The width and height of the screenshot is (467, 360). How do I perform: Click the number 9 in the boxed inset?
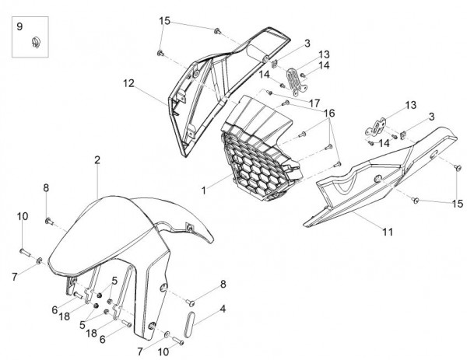tap(21, 28)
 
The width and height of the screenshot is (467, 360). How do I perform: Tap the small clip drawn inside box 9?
tap(36, 42)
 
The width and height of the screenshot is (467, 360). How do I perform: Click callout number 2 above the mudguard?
tap(97, 160)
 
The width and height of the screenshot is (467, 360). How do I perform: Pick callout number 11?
tap(387, 232)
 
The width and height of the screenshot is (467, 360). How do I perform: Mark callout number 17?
tap(314, 102)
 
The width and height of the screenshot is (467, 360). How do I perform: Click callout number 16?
tap(330, 113)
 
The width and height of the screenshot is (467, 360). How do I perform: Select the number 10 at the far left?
tap(22, 215)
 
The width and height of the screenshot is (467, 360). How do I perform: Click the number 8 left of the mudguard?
tap(46, 187)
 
